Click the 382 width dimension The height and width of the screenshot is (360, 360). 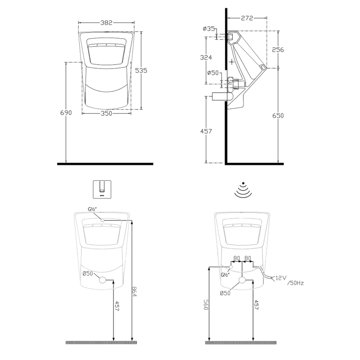106,22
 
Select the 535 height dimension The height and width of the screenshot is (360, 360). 141,70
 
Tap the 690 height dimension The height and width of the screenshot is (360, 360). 66,113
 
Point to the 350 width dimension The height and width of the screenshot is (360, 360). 106,113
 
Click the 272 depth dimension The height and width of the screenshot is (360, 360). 247,18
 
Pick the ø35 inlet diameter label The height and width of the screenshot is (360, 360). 209,29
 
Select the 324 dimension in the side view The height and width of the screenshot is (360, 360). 206,57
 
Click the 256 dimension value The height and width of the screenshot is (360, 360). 278,50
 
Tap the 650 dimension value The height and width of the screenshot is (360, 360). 278,116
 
